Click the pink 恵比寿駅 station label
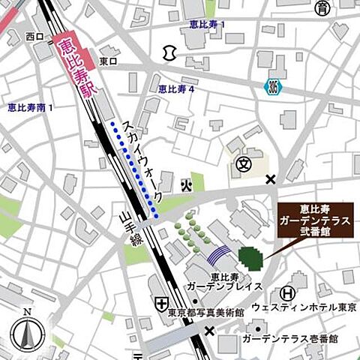[73, 67]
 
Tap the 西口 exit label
[34, 36]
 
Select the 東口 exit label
[109, 61]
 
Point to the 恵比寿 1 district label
[207, 25]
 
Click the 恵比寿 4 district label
[176, 88]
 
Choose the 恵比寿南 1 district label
[30, 108]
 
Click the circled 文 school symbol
[242, 163]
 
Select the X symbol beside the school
[271, 178]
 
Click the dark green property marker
[250, 258]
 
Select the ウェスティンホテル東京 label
[302, 307]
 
